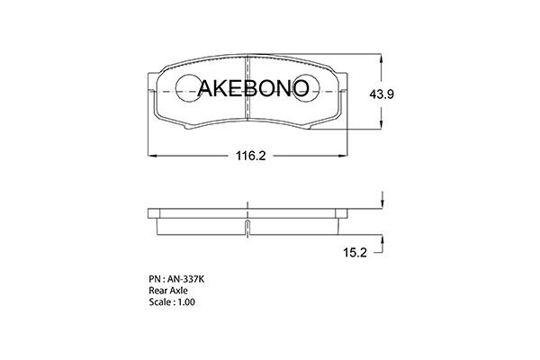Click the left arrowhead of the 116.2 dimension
[150, 155]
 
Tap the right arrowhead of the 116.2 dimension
[346, 155]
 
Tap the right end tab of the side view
[343, 214]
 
